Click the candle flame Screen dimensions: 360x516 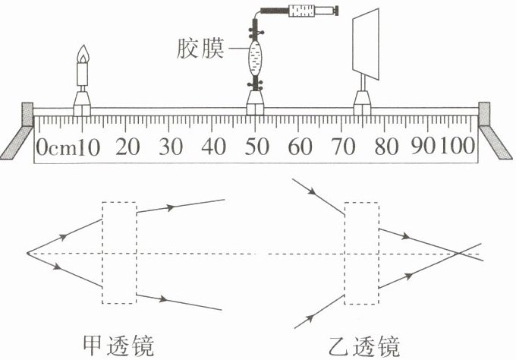83,54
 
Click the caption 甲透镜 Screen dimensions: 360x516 121,344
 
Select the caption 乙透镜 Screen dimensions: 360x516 363,344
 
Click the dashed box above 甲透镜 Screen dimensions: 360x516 120,252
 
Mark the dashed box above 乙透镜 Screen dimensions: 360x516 361,252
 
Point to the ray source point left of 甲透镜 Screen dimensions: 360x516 27,252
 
